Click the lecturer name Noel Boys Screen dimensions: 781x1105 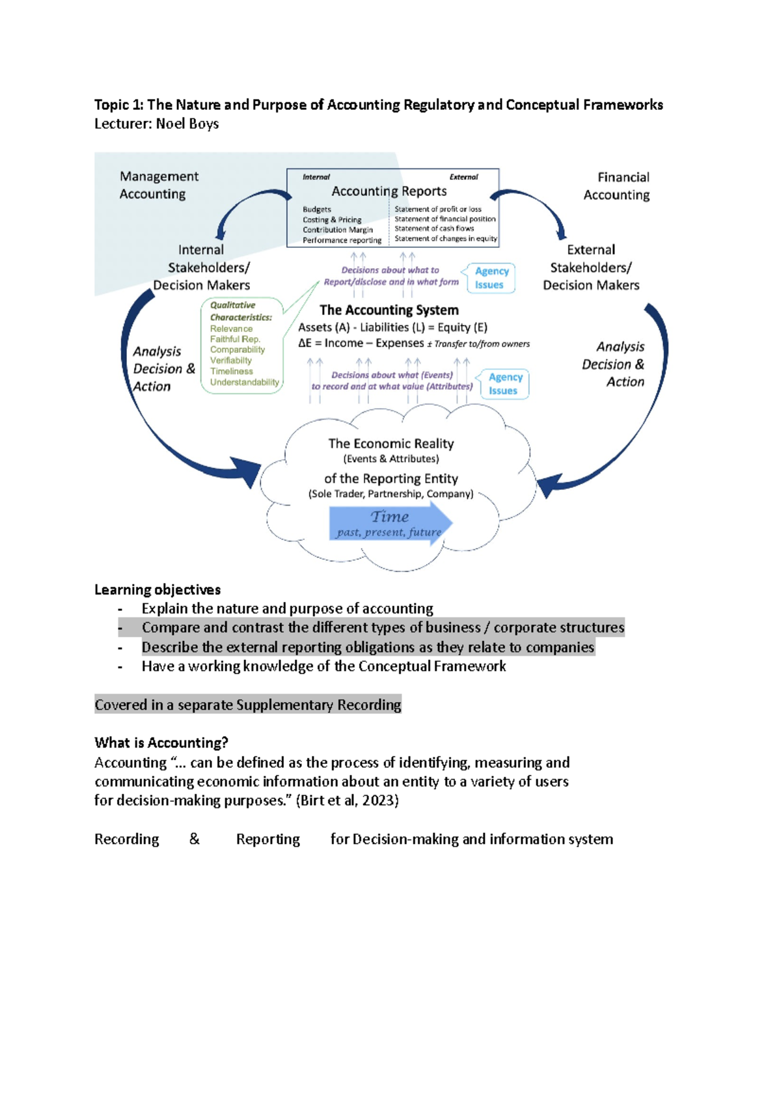coord(187,124)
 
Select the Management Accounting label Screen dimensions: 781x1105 coord(159,185)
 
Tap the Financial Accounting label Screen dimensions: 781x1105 coord(617,186)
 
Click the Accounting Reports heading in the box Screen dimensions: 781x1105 coord(389,191)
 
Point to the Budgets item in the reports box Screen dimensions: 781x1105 coord(317,209)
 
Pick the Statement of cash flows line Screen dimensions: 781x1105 coord(434,228)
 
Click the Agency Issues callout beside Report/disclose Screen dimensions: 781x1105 coord(489,279)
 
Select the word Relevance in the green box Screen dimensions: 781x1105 coord(231,329)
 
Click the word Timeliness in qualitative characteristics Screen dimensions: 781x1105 coord(231,371)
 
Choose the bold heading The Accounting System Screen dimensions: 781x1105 coord(389,310)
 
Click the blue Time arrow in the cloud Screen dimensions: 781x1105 coord(390,523)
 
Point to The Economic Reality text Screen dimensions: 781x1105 coord(390,443)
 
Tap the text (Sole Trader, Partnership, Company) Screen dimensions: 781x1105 coord(390,494)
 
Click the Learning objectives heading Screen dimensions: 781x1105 coord(158,590)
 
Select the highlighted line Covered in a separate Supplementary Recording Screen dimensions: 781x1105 coord(248,704)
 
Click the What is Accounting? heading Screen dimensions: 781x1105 coord(161,743)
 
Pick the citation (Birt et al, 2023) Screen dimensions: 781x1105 coord(347,800)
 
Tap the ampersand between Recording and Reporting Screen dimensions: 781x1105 coord(195,839)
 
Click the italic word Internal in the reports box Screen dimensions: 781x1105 coord(316,177)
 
